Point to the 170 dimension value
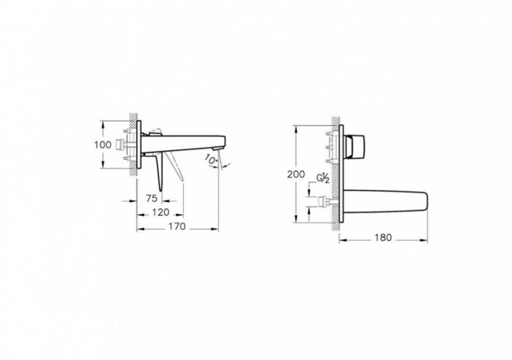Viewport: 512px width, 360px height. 176,227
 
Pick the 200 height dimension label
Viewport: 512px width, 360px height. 295,175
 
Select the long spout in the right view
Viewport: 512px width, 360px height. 386,199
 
